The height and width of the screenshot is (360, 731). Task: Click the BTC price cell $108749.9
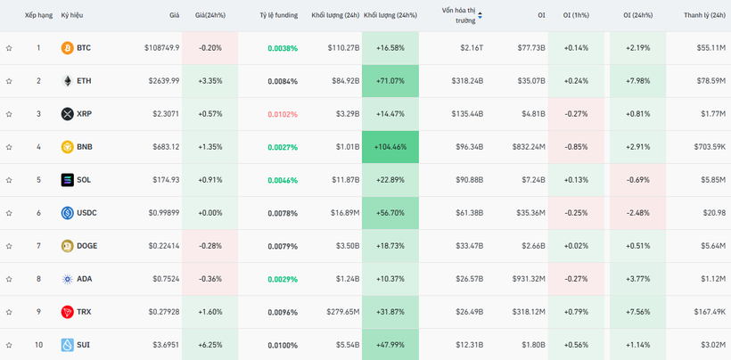(x=161, y=47)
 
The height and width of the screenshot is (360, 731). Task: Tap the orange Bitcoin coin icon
(x=67, y=47)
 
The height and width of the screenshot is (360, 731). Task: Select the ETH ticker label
(x=84, y=80)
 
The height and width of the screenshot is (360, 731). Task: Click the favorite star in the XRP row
(x=9, y=114)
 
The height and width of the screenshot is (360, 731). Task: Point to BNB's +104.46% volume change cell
(x=390, y=146)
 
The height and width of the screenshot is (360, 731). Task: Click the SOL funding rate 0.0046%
(x=283, y=180)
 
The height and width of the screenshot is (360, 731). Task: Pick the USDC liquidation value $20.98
(x=713, y=213)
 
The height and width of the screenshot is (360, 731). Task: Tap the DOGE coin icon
(x=67, y=246)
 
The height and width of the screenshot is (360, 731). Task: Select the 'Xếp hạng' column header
(x=38, y=15)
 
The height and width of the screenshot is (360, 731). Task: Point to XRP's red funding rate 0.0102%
(x=283, y=114)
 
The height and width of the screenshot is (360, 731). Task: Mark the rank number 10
(x=38, y=345)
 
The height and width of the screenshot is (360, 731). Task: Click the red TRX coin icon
(x=67, y=312)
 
